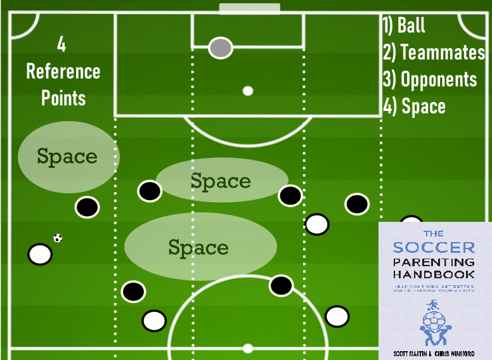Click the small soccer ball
(x=58, y=238)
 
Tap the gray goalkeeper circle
(x=221, y=48)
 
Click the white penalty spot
(x=248, y=91)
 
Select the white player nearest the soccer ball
(x=40, y=254)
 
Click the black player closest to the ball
(x=87, y=207)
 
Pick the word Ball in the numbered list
(x=411, y=26)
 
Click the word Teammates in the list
(x=443, y=53)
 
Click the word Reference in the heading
(x=63, y=71)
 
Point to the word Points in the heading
(x=63, y=98)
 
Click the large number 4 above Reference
(x=61, y=44)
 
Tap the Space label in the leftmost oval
(x=67, y=157)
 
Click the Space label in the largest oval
(x=198, y=247)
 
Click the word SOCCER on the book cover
(x=434, y=247)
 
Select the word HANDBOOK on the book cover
(x=434, y=274)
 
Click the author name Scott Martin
(x=407, y=352)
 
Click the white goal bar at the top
(x=249, y=9)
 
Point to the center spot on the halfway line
(x=248, y=349)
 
